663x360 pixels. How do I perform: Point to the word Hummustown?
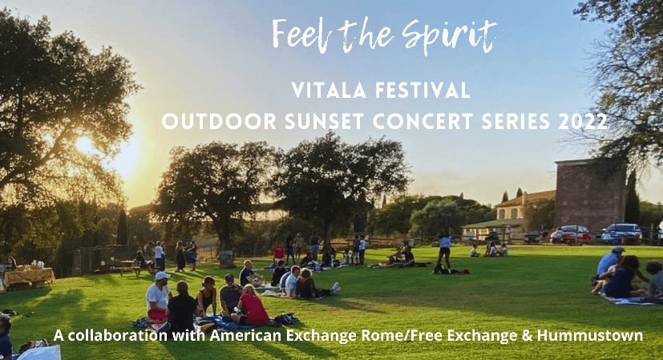[x=590, y=335]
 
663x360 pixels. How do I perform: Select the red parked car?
[x=570, y=234]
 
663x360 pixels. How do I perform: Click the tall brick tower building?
[x=590, y=195]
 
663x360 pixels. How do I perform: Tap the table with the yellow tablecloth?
[x=29, y=277]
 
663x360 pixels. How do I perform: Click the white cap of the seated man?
[x=162, y=276]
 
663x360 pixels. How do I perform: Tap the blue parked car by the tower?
[x=621, y=233]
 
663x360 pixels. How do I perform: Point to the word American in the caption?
[x=245, y=335]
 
